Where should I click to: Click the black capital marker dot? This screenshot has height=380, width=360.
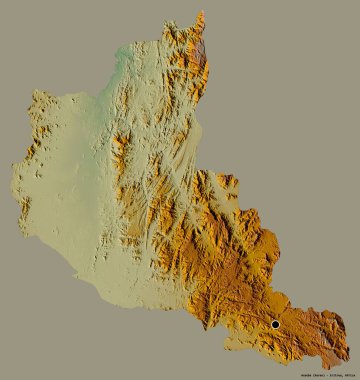point(276,324)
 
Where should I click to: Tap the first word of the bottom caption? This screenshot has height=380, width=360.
point(299,373)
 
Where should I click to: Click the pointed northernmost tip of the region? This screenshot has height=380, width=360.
point(202,12)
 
